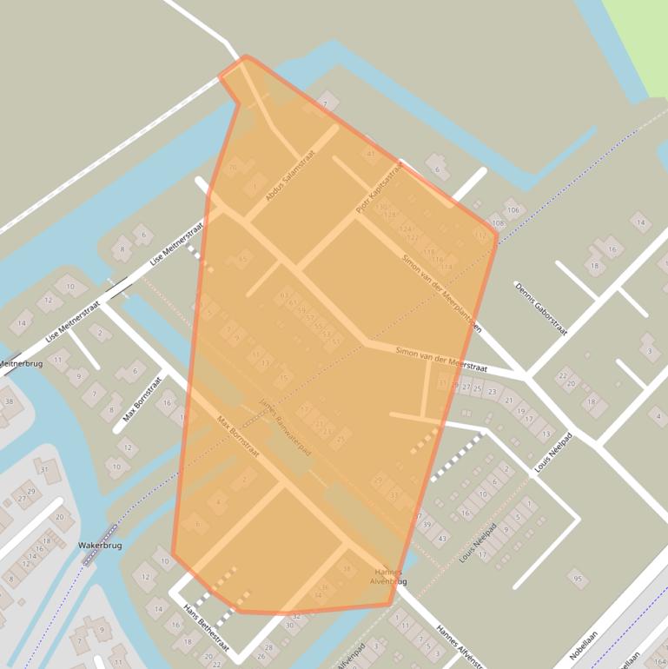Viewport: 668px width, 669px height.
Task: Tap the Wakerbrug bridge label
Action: pyautogui.click(x=99, y=546)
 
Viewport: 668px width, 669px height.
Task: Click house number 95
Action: pyautogui.click(x=576, y=577)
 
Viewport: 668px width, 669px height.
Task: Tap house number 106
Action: pyautogui.click(x=513, y=210)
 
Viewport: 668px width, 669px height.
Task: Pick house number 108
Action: pyautogui.click(x=498, y=223)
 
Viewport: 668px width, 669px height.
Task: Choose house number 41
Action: pyautogui.click(x=371, y=154)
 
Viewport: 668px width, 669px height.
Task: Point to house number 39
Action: pyautogui.click(x=426, y=525)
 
